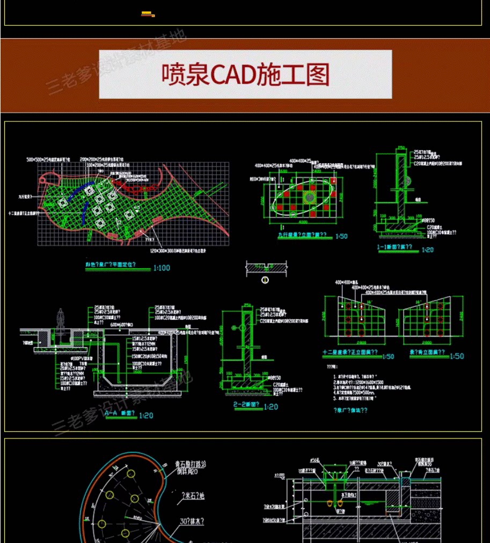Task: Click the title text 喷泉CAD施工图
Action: [245, 75]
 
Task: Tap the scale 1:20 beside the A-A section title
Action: [145, 415]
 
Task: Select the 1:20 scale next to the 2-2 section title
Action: [271, 407]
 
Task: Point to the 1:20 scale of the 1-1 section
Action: [427, 249]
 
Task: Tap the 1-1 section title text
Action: [398, 248]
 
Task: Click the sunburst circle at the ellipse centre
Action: [310, 197]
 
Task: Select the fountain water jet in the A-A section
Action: [61, 320]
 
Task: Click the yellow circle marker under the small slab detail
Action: [265, 280]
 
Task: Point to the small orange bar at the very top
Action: [148, 14]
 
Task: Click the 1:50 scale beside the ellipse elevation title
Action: [341, 236]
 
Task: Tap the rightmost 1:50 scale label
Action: [456, 356]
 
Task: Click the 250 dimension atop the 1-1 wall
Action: [401, 148]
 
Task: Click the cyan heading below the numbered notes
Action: [349, 410]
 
